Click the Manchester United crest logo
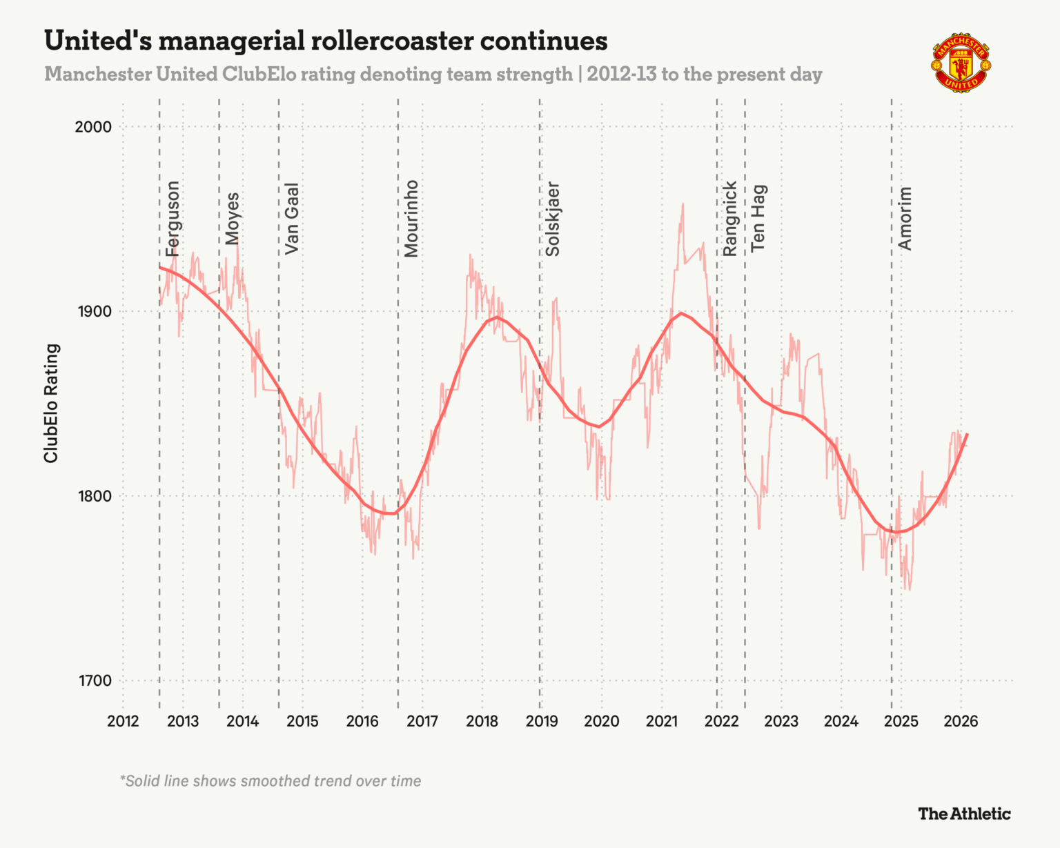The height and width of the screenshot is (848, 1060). (961, 62)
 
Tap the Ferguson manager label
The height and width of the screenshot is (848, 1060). (173, 218)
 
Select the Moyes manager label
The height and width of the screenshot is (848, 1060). (233, 218)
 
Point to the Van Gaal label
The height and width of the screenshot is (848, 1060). (292, 218)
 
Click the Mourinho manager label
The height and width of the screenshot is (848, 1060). (411, 218)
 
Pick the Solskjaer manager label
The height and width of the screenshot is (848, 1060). (553, 218)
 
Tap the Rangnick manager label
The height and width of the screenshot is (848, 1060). (730, 218)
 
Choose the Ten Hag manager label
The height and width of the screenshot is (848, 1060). (758, 218)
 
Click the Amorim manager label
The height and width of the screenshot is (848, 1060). (905, 218)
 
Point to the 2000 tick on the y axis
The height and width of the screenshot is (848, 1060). (94, 127)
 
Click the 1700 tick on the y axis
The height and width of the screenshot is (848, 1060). (94, 681)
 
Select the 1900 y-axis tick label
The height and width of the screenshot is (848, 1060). (94, 311)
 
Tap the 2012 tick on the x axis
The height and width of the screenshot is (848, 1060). (123, 722)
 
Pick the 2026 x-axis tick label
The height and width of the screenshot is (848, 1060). (961, 722)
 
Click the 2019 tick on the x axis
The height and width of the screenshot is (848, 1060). (542, 722)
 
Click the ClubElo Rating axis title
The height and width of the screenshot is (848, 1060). (51, 403)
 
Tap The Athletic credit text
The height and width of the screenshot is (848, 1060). (964, 814)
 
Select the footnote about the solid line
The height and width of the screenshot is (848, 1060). (271, 781)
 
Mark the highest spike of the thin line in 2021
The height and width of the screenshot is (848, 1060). (683, 204)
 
